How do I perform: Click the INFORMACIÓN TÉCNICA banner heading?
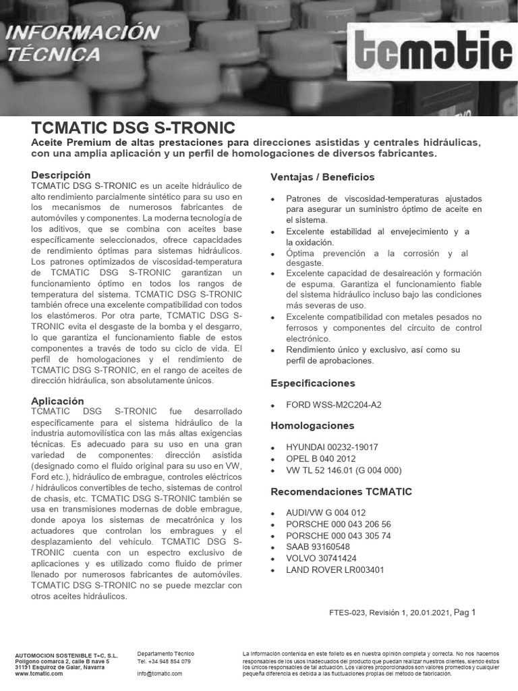(x=83, y=43)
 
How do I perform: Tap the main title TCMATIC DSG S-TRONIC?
(x=133, y=128)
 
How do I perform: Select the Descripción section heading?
(x=61, y=175)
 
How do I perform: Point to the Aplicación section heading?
(x=57, y=401)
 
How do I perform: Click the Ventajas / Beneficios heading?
(x=322, y=177)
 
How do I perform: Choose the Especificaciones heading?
(x=312, y=383)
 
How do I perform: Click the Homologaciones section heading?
(x=312, y=426)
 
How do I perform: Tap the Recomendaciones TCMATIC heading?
(x=341, y=491)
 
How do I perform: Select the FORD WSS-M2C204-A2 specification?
(x=333, y=405)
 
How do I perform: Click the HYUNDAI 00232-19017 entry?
(x=332, y=447)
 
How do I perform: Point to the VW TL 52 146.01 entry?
(x=343, y=470)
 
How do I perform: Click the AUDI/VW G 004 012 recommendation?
(x=326, y=513)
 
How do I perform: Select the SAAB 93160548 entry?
(x=318, y=547)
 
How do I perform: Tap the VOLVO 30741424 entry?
(x=321, y=558)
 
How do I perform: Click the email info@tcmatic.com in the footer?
(x=159, y=673)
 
